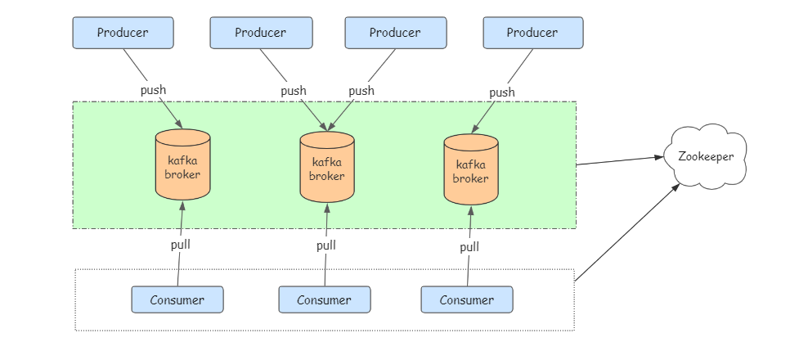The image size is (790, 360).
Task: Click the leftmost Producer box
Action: coord(123,33)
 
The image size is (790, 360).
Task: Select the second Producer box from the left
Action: coord(260,33)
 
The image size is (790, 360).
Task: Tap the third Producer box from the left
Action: coord(395,33)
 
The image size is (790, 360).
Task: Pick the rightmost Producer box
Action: coord(532,33)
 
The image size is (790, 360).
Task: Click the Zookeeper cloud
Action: coord(706,157)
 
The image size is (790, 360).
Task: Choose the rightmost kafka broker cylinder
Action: coord(470,169)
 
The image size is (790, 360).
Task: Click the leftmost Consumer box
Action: coord(177,299)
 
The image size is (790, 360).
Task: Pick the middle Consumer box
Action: coord(324,300)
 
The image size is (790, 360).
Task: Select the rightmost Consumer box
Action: coord(467,299)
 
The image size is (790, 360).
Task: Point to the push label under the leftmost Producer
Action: coord(153,90)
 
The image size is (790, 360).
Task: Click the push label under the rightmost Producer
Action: coord(501,92)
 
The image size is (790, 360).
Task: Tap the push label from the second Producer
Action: coord(294,91)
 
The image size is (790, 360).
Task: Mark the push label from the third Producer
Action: coord(361,91)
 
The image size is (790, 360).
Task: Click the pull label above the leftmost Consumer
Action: coord(180,244)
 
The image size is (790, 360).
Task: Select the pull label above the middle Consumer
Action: coord(325,245)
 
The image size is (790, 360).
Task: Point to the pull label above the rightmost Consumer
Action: coord(469,247)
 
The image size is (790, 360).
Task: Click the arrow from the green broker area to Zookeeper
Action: coord(619,160)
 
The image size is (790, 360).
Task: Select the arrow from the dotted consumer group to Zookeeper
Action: coord(627,232)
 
